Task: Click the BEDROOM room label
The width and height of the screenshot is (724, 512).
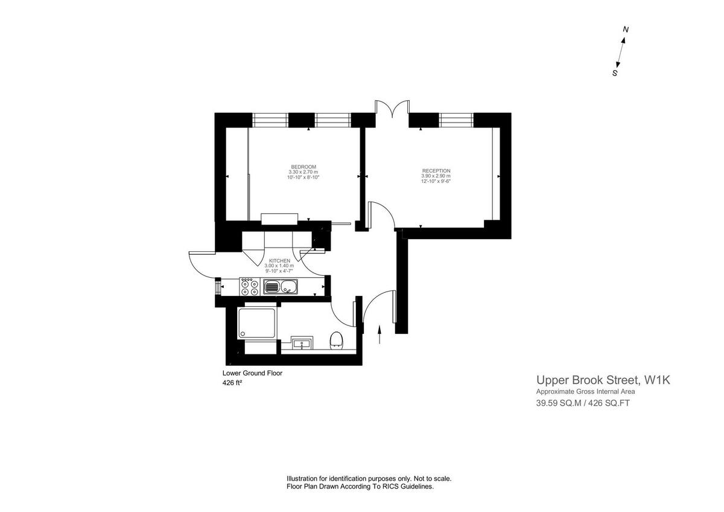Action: pos(303,167)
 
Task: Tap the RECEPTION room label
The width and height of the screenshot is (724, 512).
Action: pos(436,171)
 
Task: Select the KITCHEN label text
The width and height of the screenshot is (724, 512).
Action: pos(279,261)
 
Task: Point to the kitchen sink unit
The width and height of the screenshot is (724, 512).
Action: pos(281,286)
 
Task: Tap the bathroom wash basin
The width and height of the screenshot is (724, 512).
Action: pos(301,343)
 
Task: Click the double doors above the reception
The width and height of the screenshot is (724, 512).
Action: pos(392,109)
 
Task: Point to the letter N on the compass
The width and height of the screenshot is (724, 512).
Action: pos(626,29)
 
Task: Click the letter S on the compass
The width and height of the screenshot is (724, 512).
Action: pos(615,73)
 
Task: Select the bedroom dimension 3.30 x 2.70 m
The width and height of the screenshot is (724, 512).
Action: pos(303,172)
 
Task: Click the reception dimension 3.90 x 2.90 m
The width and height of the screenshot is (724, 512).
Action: pos(436,176)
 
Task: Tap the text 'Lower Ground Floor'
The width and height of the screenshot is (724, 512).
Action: pos(252,373)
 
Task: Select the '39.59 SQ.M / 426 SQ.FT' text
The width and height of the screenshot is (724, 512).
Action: pos(583,404)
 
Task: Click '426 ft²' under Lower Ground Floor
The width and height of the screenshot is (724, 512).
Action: pos(232,383)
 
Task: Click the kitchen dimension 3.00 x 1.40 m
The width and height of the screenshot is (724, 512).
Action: pos(279,266)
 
